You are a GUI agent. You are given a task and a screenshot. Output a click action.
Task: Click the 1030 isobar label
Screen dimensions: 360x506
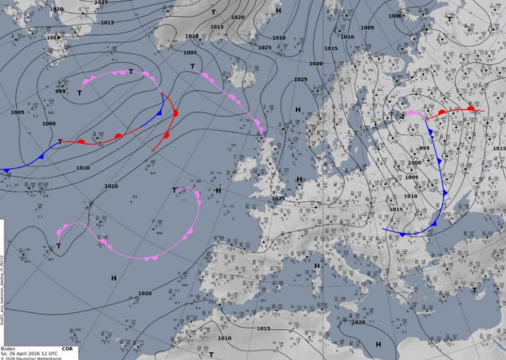coord(279,38)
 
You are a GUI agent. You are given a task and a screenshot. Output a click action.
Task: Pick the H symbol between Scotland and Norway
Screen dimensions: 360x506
coord(298,109)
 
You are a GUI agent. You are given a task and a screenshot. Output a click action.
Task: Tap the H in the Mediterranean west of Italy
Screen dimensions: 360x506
coord(317,265)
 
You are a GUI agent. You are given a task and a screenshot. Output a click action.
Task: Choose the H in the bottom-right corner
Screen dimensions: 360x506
coord(378,344)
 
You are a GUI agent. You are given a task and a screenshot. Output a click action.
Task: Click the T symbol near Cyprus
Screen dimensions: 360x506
coord(474,289)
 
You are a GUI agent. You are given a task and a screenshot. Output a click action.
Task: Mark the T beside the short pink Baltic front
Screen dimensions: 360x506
coord(403,117)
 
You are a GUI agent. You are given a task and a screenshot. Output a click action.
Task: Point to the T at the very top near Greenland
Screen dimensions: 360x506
coord(213,12)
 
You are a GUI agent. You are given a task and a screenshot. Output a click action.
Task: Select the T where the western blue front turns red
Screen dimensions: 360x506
coord(60,142)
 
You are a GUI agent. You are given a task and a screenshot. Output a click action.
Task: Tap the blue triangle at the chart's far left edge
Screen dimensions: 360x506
coord(7,171)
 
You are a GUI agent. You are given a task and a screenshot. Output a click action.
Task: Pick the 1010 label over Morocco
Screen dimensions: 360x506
coord(225,338)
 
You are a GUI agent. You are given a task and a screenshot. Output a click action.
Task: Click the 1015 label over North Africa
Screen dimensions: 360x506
coord(264,328)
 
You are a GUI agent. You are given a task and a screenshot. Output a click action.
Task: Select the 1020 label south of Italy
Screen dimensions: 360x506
coord(358,322)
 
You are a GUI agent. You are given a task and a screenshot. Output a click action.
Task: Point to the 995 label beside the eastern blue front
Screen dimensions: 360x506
coord(424,148)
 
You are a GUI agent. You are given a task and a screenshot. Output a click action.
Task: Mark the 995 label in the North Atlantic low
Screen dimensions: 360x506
coord(60,91)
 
